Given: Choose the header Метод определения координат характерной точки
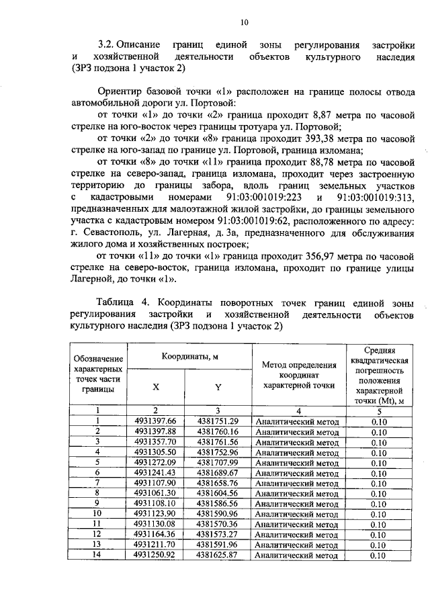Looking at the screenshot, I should click(298, 374).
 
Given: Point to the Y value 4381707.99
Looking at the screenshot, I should click(218, 462).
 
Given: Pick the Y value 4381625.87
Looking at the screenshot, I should click(218, 555).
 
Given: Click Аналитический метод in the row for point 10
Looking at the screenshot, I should click(298, 514).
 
